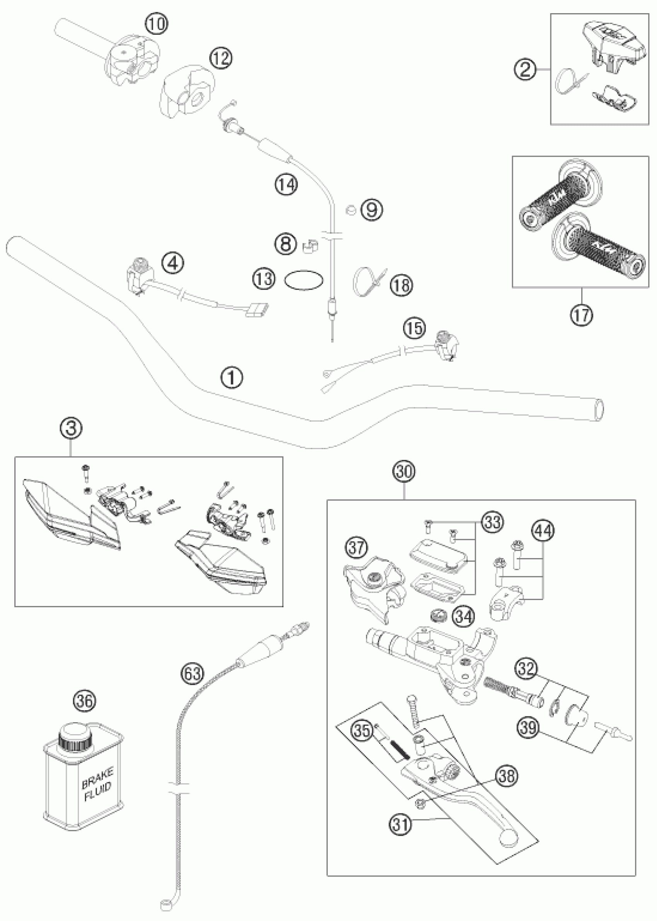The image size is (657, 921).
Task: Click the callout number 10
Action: tap(157, 25)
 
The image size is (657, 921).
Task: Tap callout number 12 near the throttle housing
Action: tap(221, 58)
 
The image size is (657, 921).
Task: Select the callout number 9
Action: tap(371, 209)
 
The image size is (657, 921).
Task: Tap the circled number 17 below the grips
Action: tap(581, 314)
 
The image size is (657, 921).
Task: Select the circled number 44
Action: tap(543, 530)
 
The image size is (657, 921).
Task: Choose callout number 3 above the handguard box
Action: tap(71, 429)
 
